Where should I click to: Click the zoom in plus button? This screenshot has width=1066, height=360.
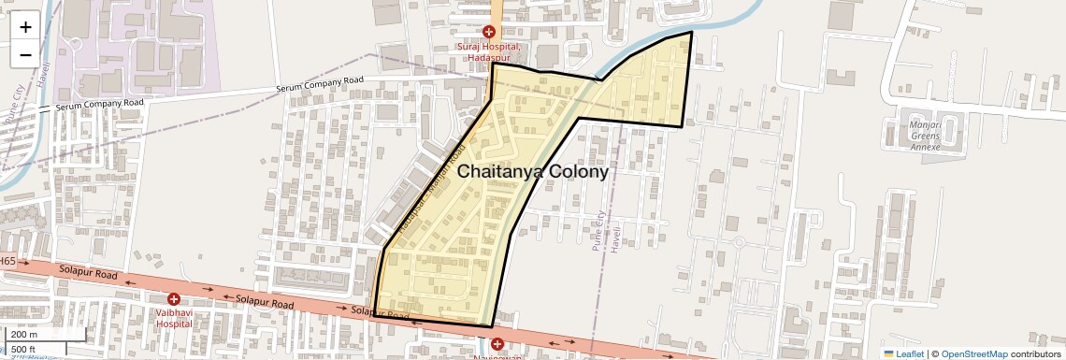point(25,26)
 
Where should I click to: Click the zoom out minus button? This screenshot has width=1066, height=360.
point(25,54)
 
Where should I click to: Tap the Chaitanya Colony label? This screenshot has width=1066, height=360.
point(532,172)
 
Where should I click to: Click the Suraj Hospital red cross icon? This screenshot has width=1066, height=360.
point(488,32)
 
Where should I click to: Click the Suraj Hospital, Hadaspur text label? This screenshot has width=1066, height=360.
point(488,52)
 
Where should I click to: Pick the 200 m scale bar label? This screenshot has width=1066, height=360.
point(24,335)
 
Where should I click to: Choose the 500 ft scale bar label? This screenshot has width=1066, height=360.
point(25,349)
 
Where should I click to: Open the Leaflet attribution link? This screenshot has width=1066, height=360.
point(903,353)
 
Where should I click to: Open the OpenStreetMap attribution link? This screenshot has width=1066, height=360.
point(974,353)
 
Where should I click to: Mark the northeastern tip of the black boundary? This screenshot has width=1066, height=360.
point(691,32)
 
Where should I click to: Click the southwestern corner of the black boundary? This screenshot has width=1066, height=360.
point(373,316)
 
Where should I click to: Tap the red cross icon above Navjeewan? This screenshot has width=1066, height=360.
point(497,344)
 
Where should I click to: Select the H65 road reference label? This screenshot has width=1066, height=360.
point(7,262)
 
